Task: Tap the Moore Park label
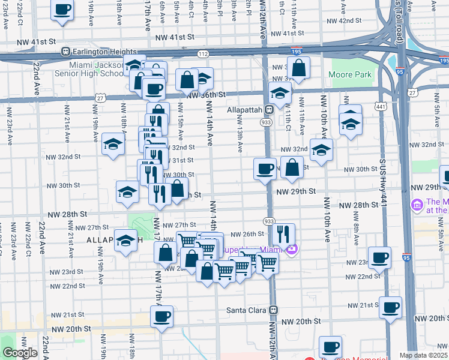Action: click(351, 75)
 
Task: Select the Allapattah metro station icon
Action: click(270, 110)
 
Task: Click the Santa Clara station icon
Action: click(273, 310)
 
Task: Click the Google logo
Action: click(19, 353)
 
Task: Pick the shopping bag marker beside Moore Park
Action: click(298, 70)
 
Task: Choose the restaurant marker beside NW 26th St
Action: click(284, 234)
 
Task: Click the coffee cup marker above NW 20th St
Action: click(162, 316)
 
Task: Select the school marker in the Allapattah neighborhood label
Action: click(125, 241)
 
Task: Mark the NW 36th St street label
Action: click(205, 95)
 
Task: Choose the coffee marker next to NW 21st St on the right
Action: click(391, 308)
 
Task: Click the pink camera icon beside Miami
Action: click(292, 249)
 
